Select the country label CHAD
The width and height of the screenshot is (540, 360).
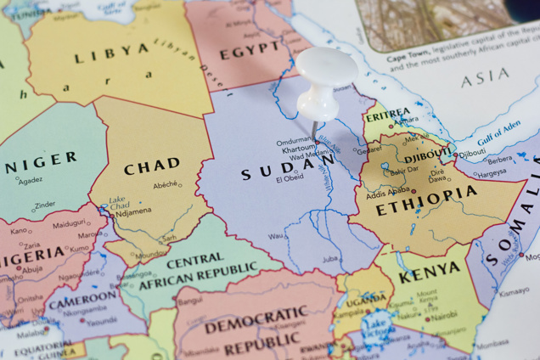click(x=152, y=166)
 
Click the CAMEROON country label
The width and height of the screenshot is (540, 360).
click(x=82, y=299)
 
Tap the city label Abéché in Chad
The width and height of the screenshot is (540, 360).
click(x=166, y=185)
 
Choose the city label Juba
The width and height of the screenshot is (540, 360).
click(x=329, y=258)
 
